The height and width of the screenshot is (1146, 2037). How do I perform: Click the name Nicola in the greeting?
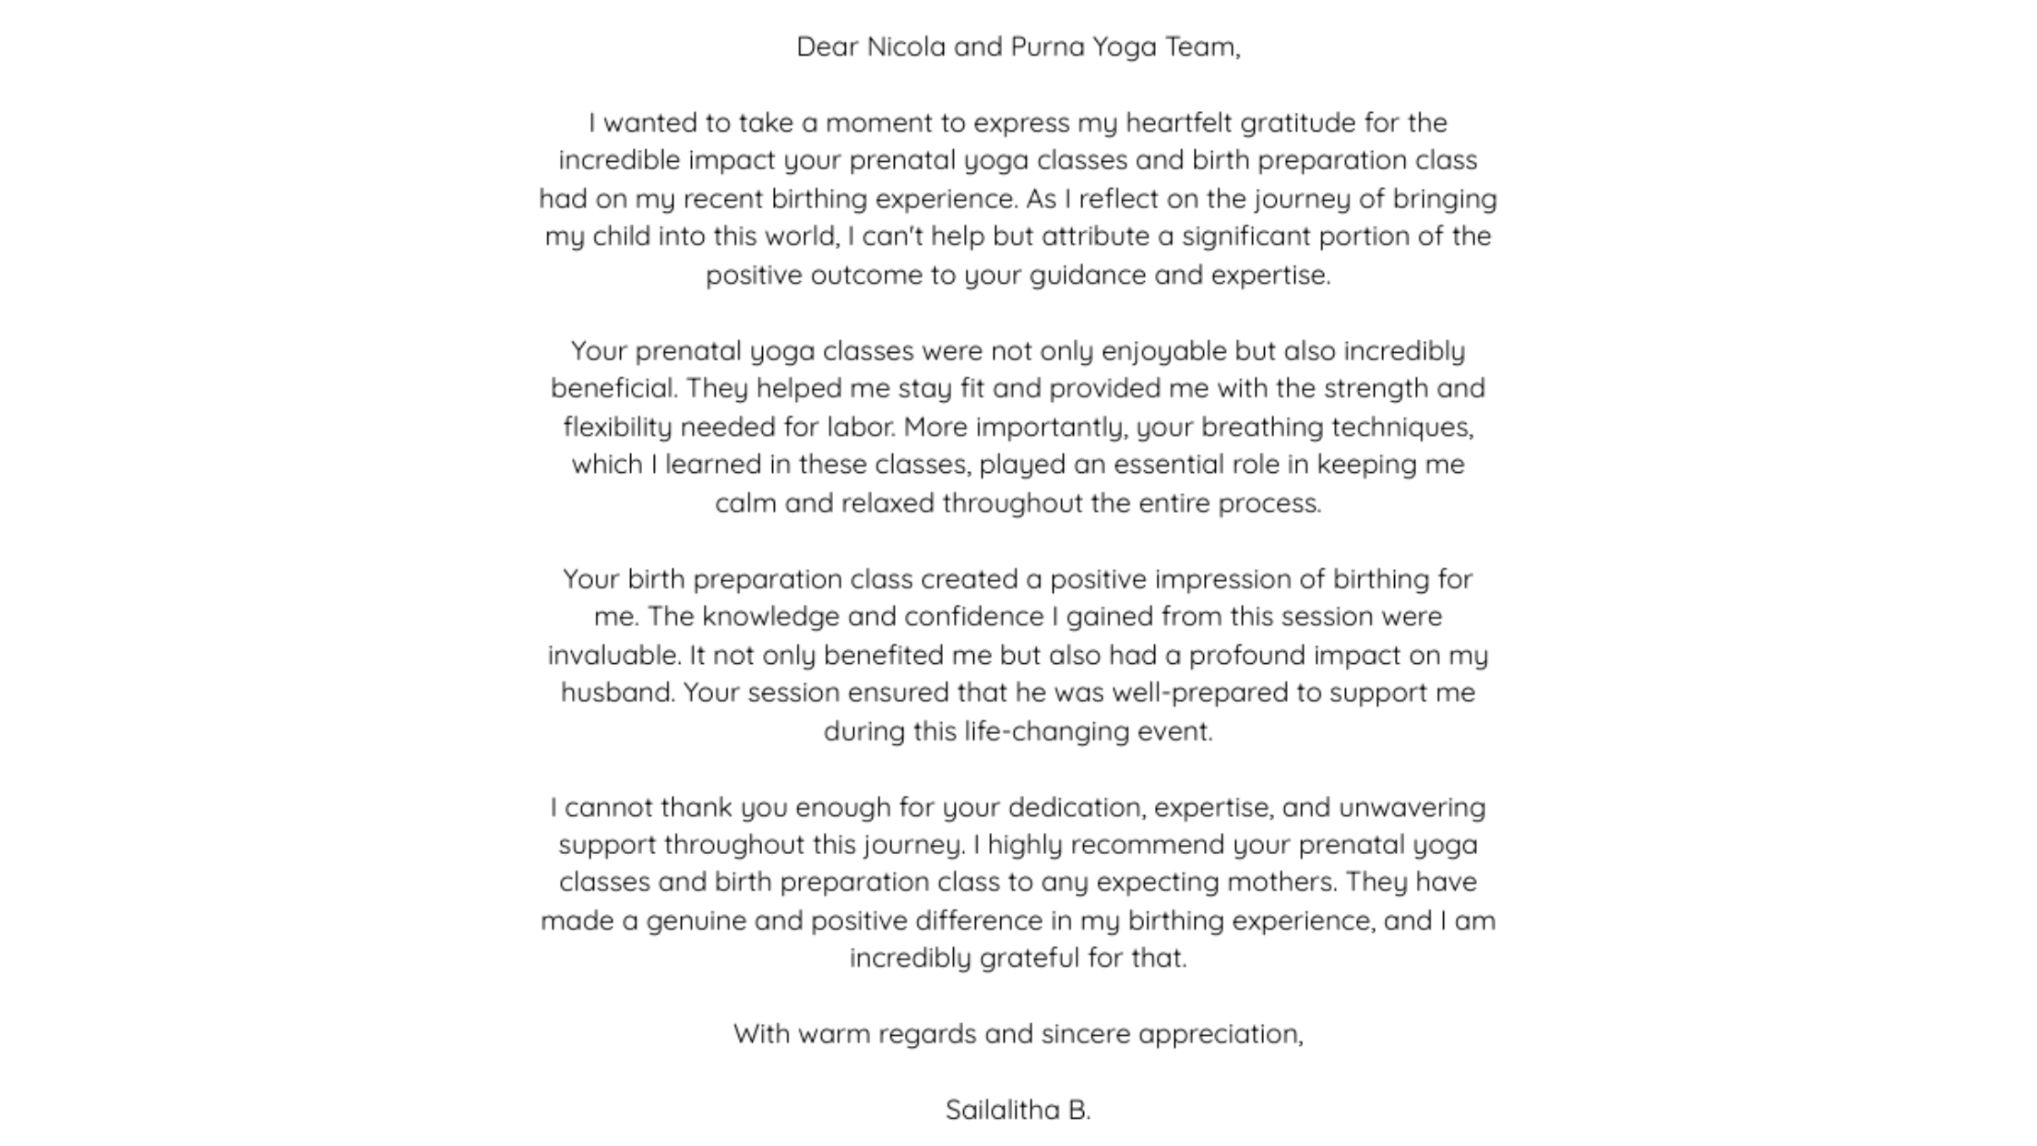(906, 46)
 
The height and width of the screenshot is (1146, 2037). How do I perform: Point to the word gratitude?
(1285, 123)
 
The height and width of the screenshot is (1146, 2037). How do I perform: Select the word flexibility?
(617, 427)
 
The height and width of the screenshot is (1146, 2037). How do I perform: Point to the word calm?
(746, 503)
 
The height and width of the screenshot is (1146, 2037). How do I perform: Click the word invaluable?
(614, 655)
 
